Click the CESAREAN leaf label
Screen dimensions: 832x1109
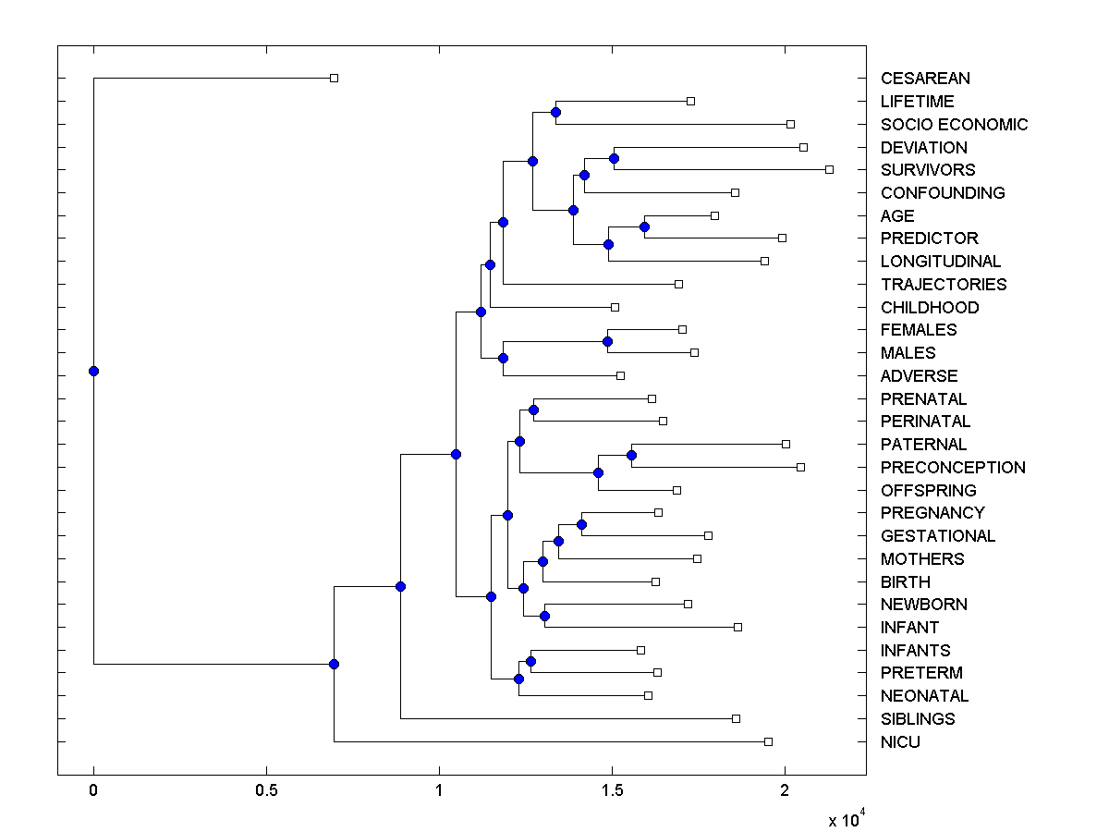coord(925,79)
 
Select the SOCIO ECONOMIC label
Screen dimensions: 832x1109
coord(954,125)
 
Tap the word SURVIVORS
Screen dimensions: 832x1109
coord(928,170)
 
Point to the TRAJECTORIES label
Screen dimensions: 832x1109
coord(944,285)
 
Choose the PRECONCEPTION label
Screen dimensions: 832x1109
coord(953,468)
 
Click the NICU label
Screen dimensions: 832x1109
coord(900,742)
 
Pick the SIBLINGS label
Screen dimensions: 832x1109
coord(918,719)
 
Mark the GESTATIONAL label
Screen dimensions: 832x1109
coord(938,536)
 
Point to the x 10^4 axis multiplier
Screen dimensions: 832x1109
coord(846,819)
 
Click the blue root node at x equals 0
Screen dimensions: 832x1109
coord(93,372)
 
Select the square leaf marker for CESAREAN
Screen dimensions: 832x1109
coord(335,78)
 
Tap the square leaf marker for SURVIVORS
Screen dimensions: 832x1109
coord(829,169)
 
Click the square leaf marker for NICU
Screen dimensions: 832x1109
coord(768,741)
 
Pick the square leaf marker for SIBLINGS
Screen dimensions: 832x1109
coord(736,718)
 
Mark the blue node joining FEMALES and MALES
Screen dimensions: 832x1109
coord(607,341)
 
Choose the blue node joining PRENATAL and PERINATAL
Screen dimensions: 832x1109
coord(533,410)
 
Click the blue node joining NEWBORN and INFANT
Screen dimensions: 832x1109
coord(544,616)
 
